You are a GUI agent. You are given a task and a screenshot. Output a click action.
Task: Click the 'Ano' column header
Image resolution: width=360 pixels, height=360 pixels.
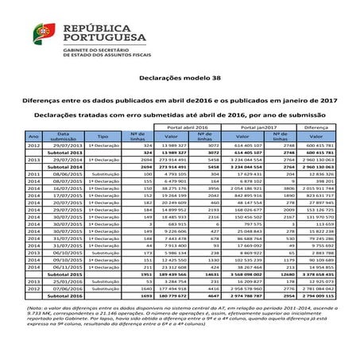(33, 137)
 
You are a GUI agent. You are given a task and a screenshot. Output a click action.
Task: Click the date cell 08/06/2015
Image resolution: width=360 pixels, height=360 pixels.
(64, 174)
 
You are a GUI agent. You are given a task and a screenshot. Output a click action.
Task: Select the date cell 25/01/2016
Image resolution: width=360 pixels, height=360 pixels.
(64, 281)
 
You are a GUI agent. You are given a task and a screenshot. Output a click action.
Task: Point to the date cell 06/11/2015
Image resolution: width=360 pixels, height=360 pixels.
(64, 266)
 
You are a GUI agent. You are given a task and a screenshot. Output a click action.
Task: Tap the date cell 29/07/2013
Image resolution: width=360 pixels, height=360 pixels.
(64, 146)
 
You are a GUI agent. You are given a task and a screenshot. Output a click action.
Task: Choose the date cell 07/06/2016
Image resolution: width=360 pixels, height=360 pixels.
(64, 288)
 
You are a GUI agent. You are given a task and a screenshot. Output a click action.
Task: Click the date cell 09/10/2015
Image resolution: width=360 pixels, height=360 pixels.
(64, 259)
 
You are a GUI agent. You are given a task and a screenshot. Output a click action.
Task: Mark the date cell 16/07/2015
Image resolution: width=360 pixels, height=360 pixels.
(64, 188)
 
